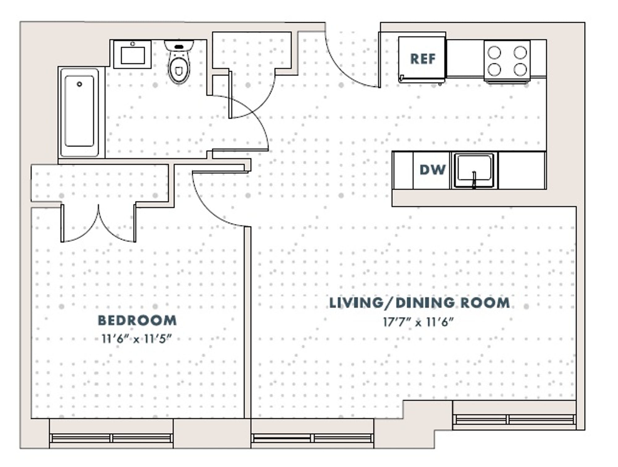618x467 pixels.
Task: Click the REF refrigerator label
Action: pyautogui.click(x=423, y=59)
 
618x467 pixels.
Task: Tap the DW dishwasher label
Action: pyautogui.click(x=433, y=170)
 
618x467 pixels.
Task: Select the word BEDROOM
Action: pyautogui.click(x=137, y=320)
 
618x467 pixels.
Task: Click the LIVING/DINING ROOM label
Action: pyautogui.click(x=419, y=303)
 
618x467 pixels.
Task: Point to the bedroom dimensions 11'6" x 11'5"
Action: pyautogui.click(x=136, y=339)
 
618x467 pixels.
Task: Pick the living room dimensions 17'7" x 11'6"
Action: pyautogui.click(x=418, y=322)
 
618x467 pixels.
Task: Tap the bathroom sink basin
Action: pyautogui.click(x=133, y=55)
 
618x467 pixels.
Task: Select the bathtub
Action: pyautogui.click(x=80, y=112)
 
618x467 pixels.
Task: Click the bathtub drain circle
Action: pyautogui.click(x=79, y=84)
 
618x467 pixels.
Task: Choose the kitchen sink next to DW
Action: pyautogui.click(x=474, y=170)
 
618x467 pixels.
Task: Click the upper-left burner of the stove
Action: pyautogui.click(x=494, y=53)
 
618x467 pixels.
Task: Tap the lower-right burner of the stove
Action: pyautogui.click(x=520, y=69)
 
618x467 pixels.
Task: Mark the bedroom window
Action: pyautogui.click(x=111, y=438)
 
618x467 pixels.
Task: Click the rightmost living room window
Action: pyautogui.click(x=514, y=419)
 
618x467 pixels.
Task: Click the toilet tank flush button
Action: pyautogui.click(x=179, y=47)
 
